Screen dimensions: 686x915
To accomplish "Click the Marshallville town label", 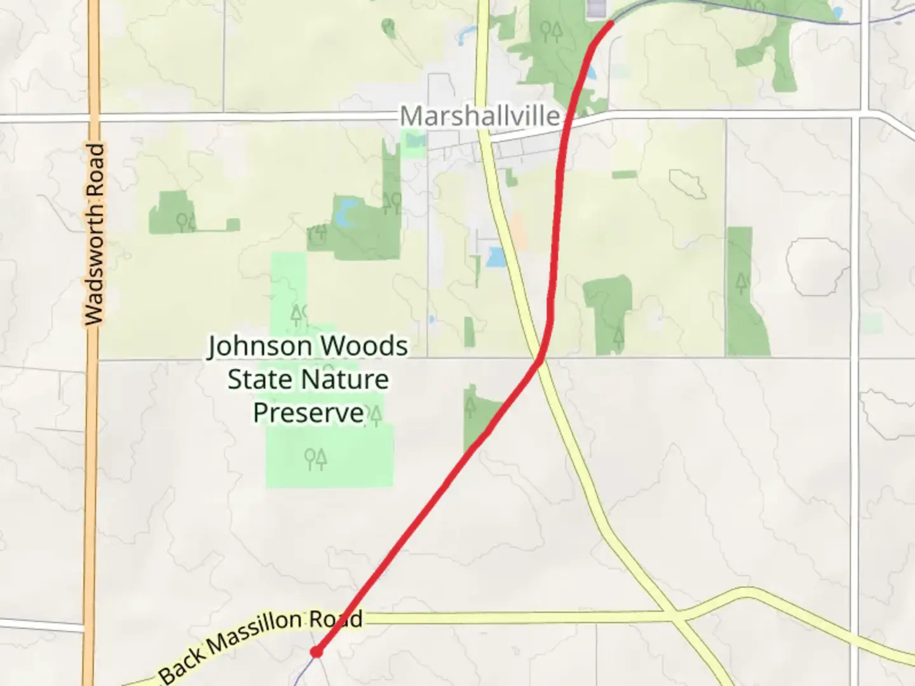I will tap(480, 116).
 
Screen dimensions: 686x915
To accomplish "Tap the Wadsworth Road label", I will tap(95, 234).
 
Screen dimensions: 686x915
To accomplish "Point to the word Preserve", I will tap(308, 413).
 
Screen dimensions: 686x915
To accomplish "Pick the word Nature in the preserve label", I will tap(349, 380).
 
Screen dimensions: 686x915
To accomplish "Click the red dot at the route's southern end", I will tap(316, 651).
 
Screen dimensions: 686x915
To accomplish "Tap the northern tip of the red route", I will tap(611, 24).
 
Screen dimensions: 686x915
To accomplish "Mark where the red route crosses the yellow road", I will tap(541, 360).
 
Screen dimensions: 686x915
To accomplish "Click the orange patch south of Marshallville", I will tap(518, 231).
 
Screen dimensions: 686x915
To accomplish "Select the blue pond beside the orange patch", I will tap(495, 257).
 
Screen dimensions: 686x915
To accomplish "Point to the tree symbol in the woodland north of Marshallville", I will tap(551, 31).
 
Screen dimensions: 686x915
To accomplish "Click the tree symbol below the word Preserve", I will tap(316, 458).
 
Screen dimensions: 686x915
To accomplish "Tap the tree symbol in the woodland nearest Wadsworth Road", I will tap(185, 222).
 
